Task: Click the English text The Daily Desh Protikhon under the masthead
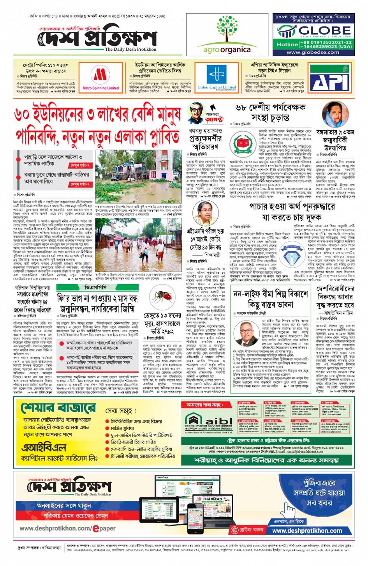tap(130, 50)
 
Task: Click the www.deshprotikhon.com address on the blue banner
tap(307, 531)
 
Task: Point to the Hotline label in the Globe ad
tap(287, 44)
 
